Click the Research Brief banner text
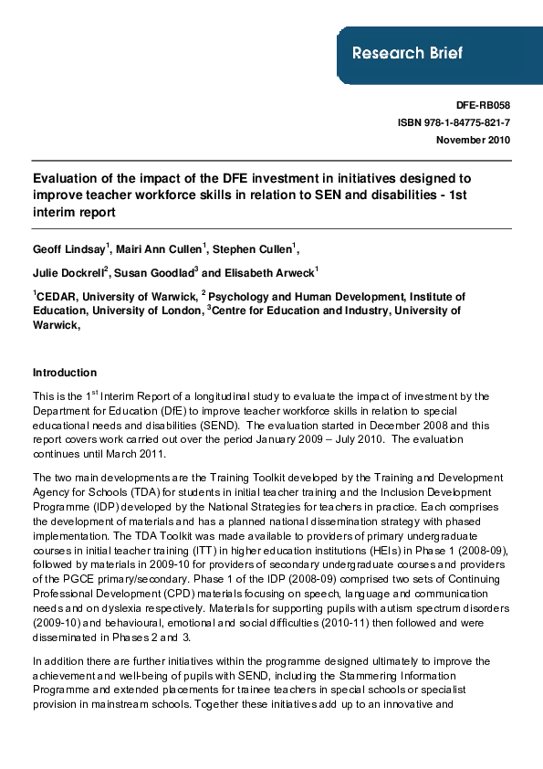(x=407, y=53)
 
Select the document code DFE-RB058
(x=482, y=106)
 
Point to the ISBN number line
(x=454, y=122)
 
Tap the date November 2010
(x=473, y=140)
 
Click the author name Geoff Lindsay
(x=69, y=248)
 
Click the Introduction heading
(x=65, y=373)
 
